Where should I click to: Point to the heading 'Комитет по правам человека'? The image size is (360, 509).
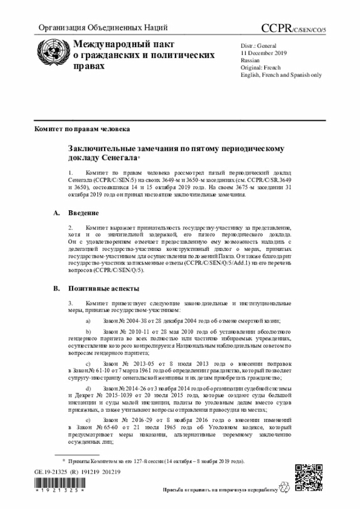(83, 129)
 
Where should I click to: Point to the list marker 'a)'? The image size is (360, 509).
(88, 320)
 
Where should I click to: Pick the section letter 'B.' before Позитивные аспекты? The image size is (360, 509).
(56, 288)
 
